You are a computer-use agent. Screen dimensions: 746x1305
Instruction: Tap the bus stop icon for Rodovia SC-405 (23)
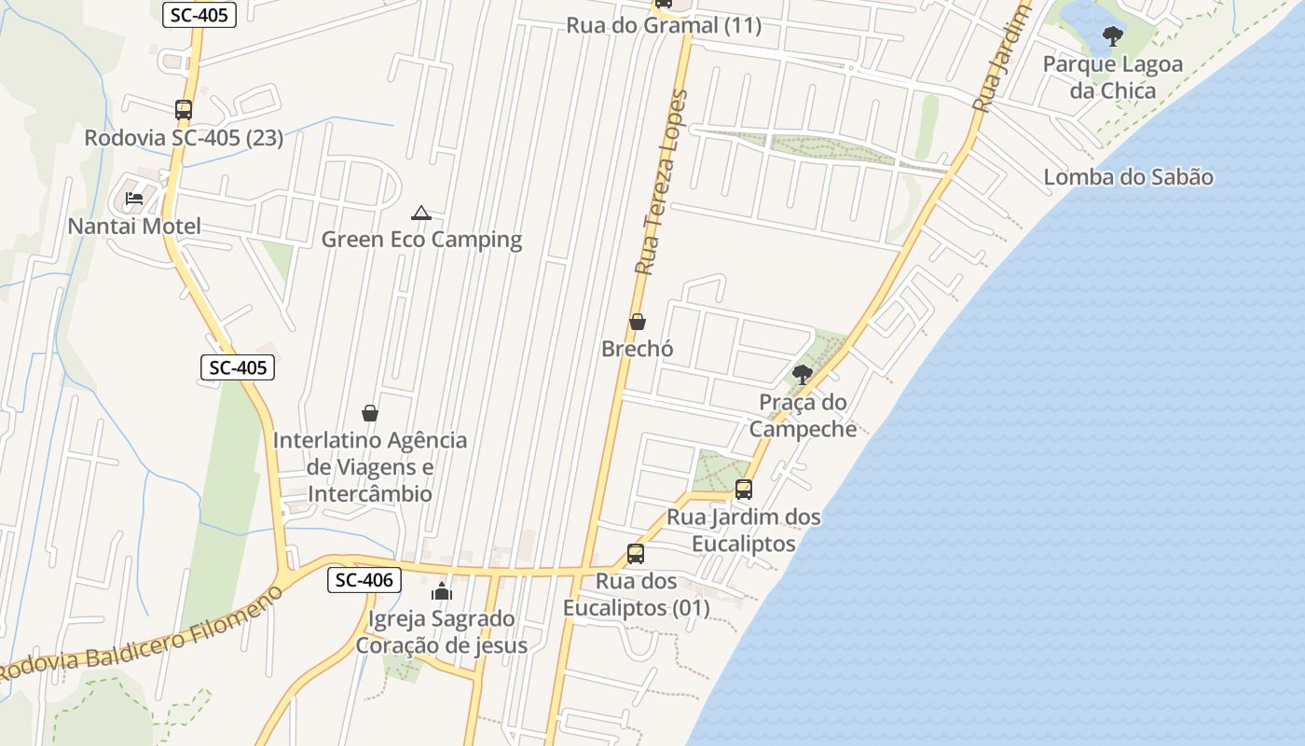click(184, 110)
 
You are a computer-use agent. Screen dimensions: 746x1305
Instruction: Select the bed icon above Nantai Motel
click(134, 199)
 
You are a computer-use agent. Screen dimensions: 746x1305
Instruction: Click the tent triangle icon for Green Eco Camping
click(421, 214)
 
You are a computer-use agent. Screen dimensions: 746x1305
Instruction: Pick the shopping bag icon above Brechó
click(638, 322)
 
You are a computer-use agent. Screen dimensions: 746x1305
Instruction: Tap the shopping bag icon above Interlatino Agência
click(370, 412)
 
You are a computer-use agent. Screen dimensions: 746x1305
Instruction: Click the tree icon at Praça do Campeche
click(802, 375)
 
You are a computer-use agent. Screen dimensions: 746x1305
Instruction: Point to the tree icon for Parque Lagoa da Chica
click(1112, 36)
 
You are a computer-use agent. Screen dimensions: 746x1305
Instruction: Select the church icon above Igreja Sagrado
click(442, 591)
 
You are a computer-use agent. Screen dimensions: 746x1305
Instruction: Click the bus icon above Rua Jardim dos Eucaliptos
click(744, 489)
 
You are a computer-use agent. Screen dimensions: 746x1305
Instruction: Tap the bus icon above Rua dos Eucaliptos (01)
click(636, 553)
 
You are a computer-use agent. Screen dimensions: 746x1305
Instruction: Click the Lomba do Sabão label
click(1128, 177)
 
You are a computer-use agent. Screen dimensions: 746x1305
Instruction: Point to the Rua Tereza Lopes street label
click(661, 182)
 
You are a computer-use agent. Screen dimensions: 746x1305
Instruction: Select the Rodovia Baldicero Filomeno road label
click(140, 634)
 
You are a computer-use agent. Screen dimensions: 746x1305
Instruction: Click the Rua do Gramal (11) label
click(664, 25)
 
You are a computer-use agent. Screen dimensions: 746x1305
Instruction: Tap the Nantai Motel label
click(134, 227)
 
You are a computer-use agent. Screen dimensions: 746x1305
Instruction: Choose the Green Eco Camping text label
click(421, 240)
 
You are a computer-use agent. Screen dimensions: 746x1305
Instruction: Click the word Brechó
click(638, 349)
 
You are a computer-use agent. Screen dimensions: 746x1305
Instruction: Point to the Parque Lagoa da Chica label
click(1112, 77)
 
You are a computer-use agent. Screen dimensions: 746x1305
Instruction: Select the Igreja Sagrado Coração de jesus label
click(442, 631)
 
